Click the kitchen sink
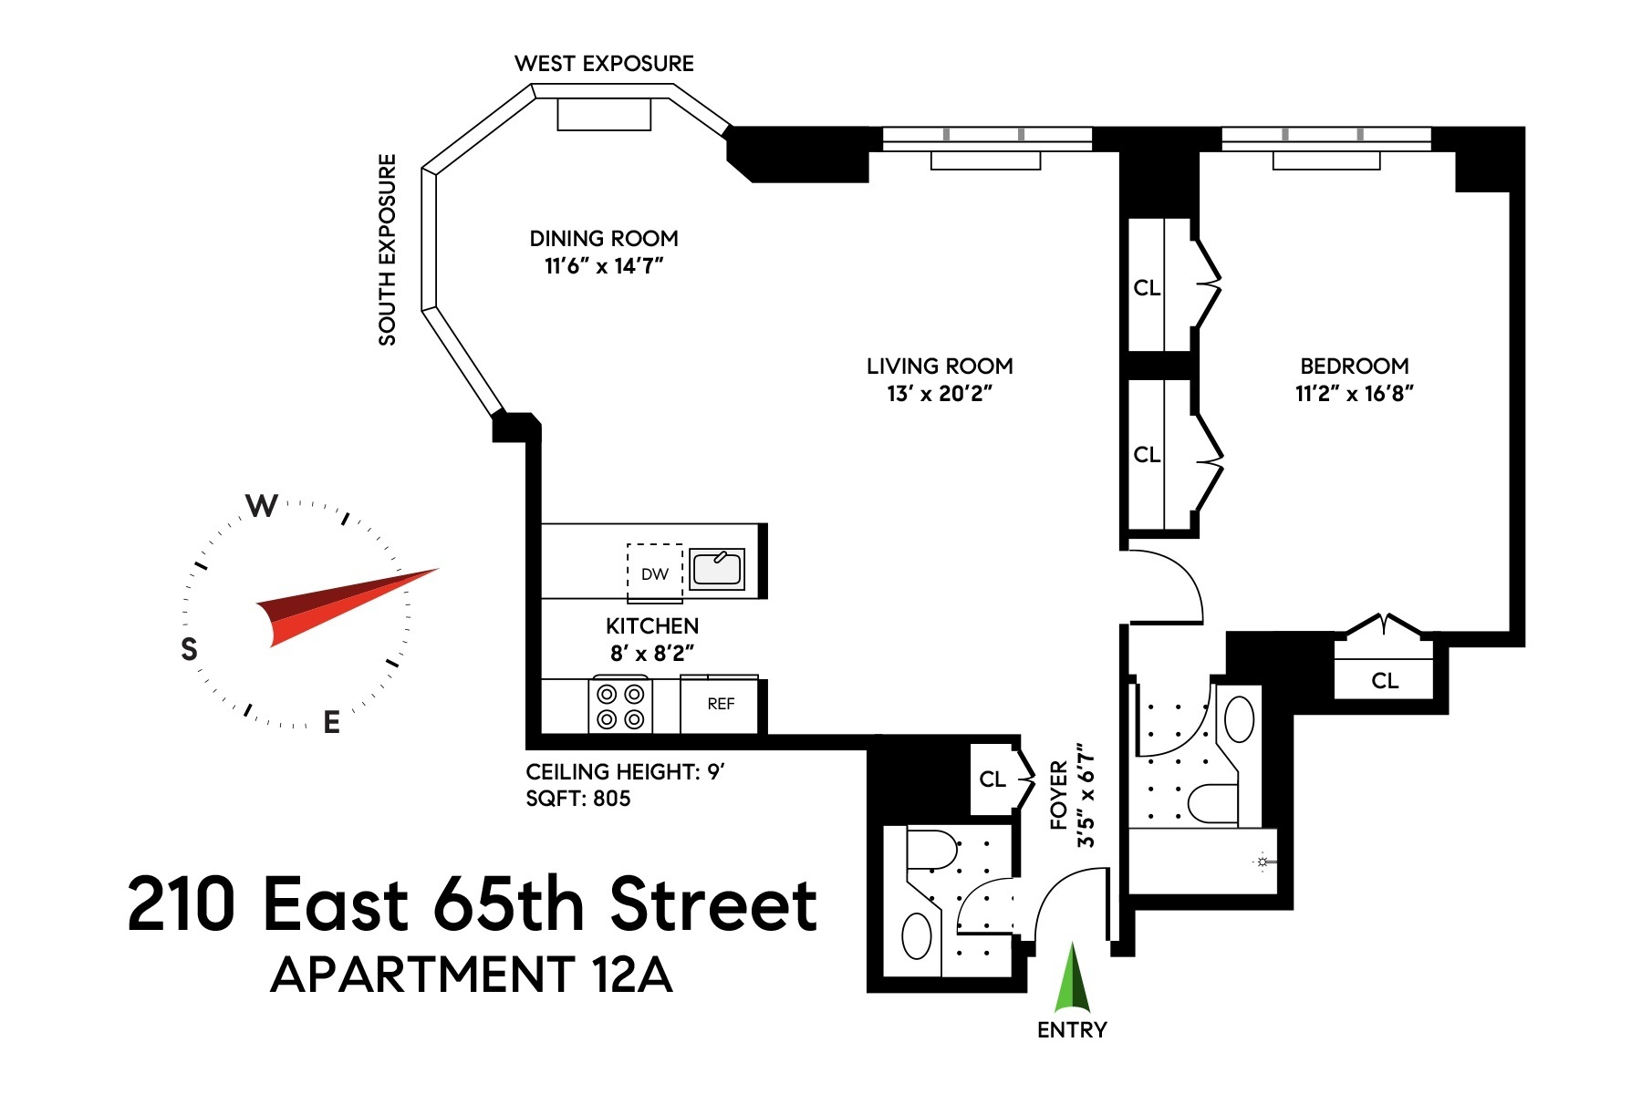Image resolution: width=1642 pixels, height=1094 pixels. tap(716, 569)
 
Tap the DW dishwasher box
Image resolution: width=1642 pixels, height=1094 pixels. tap(654, 573)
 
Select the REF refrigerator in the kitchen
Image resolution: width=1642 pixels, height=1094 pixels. tap(720, 704)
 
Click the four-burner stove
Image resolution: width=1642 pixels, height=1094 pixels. tap(620, 707)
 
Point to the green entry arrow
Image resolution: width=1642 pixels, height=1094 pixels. tap(1072, 980)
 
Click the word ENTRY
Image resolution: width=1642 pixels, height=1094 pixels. tap(1072, 1030)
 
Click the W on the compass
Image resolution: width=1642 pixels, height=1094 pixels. tap(262, 506)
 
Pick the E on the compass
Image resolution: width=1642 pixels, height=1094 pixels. tap(332, 722)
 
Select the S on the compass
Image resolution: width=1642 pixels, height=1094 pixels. tap(189, 649)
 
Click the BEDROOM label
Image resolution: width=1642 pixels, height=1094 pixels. tap(1354, 366)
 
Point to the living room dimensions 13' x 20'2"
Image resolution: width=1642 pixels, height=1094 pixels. tap(940, 394)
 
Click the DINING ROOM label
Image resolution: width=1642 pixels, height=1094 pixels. tap(604, 239)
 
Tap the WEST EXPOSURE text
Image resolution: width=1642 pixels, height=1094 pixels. tap(604, 64)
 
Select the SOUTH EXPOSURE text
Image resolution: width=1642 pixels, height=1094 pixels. tap(388, 250)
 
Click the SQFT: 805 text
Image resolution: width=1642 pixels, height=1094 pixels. tap(578, 799)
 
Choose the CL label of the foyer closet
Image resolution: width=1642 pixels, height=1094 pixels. tap(992, 779)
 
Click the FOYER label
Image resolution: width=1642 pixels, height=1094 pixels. tap(1059, 795)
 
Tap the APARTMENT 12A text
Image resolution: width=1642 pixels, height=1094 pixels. tap(472, 975)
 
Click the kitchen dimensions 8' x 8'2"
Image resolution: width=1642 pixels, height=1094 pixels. tap(652, 654)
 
